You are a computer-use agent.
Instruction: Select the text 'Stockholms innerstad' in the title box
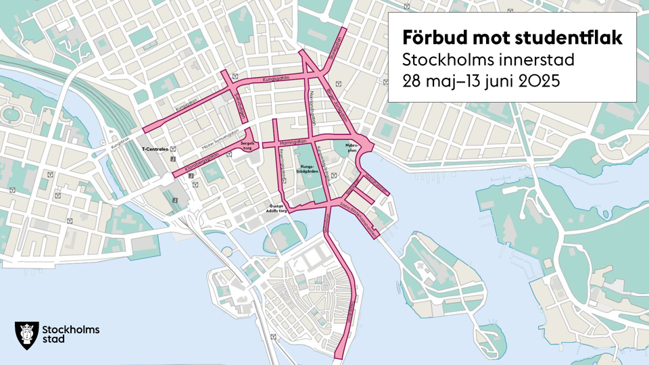488,60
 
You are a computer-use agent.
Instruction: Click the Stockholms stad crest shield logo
26,334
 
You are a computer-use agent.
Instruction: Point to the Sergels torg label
248,147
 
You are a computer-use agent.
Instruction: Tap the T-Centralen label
154,149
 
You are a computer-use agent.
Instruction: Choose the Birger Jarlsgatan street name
335,101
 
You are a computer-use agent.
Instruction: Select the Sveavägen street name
237,104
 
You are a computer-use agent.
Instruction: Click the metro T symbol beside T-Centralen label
173,149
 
